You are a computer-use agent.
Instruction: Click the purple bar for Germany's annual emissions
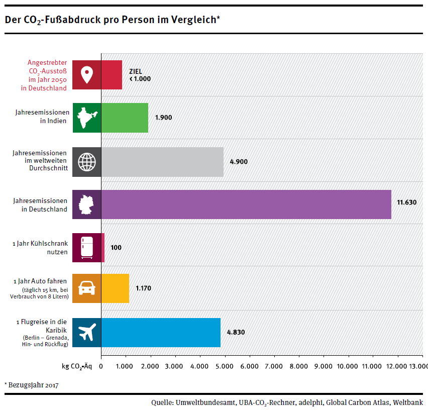click(x=246, y=204)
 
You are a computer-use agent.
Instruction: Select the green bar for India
click(x=125, y=118)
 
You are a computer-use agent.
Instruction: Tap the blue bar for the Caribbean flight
click(x=161, y=332)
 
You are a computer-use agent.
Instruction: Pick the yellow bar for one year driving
click(x=115, y=288)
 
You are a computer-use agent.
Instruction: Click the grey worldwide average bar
click(x=162, y=161)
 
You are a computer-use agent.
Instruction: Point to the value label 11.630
click(x=406, y=202)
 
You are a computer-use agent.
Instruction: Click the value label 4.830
click(x=236, y=332)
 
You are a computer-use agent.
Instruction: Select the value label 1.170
click(x=143, y=288)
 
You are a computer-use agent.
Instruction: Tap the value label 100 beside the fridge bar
click(x=116, y=247)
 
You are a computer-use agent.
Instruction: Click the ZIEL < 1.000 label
click(x=140, y=75)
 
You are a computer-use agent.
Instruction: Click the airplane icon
click(x=87, y=332)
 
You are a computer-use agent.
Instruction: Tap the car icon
click(x=87, y=288)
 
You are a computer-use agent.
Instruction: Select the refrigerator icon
click(x=87, y=247)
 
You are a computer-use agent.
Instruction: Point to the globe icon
click(x=87, y=161)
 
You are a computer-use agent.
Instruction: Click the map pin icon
click(x=87, y=74)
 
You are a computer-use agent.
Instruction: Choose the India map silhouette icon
click(x=87, y=118)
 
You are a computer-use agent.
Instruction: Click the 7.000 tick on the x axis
click(x=274, y=366)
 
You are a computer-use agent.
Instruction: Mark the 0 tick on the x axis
click(x=101, y=366)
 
